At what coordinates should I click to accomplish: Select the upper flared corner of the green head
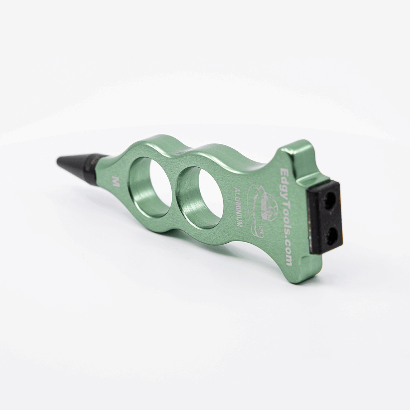coord(291,151)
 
